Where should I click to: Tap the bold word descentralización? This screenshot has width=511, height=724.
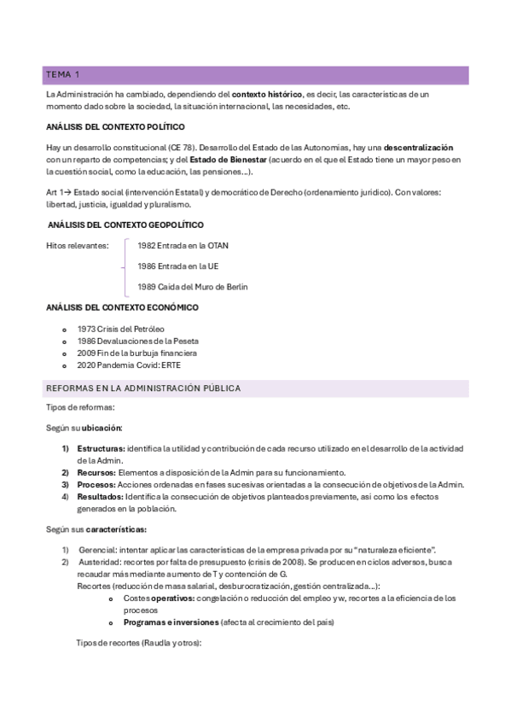pos(418,148)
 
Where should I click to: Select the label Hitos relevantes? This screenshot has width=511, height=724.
pos(77,246)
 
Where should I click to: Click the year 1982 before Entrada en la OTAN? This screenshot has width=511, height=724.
pos(147,246)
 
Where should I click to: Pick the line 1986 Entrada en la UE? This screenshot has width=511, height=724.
pos(177,266)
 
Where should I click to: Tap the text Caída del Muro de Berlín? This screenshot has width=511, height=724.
pos(202,287)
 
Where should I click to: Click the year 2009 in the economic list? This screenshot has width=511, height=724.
pos(86,353)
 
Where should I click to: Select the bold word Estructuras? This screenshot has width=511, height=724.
pos(101,448)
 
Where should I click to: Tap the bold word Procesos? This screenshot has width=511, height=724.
pos(96,484)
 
